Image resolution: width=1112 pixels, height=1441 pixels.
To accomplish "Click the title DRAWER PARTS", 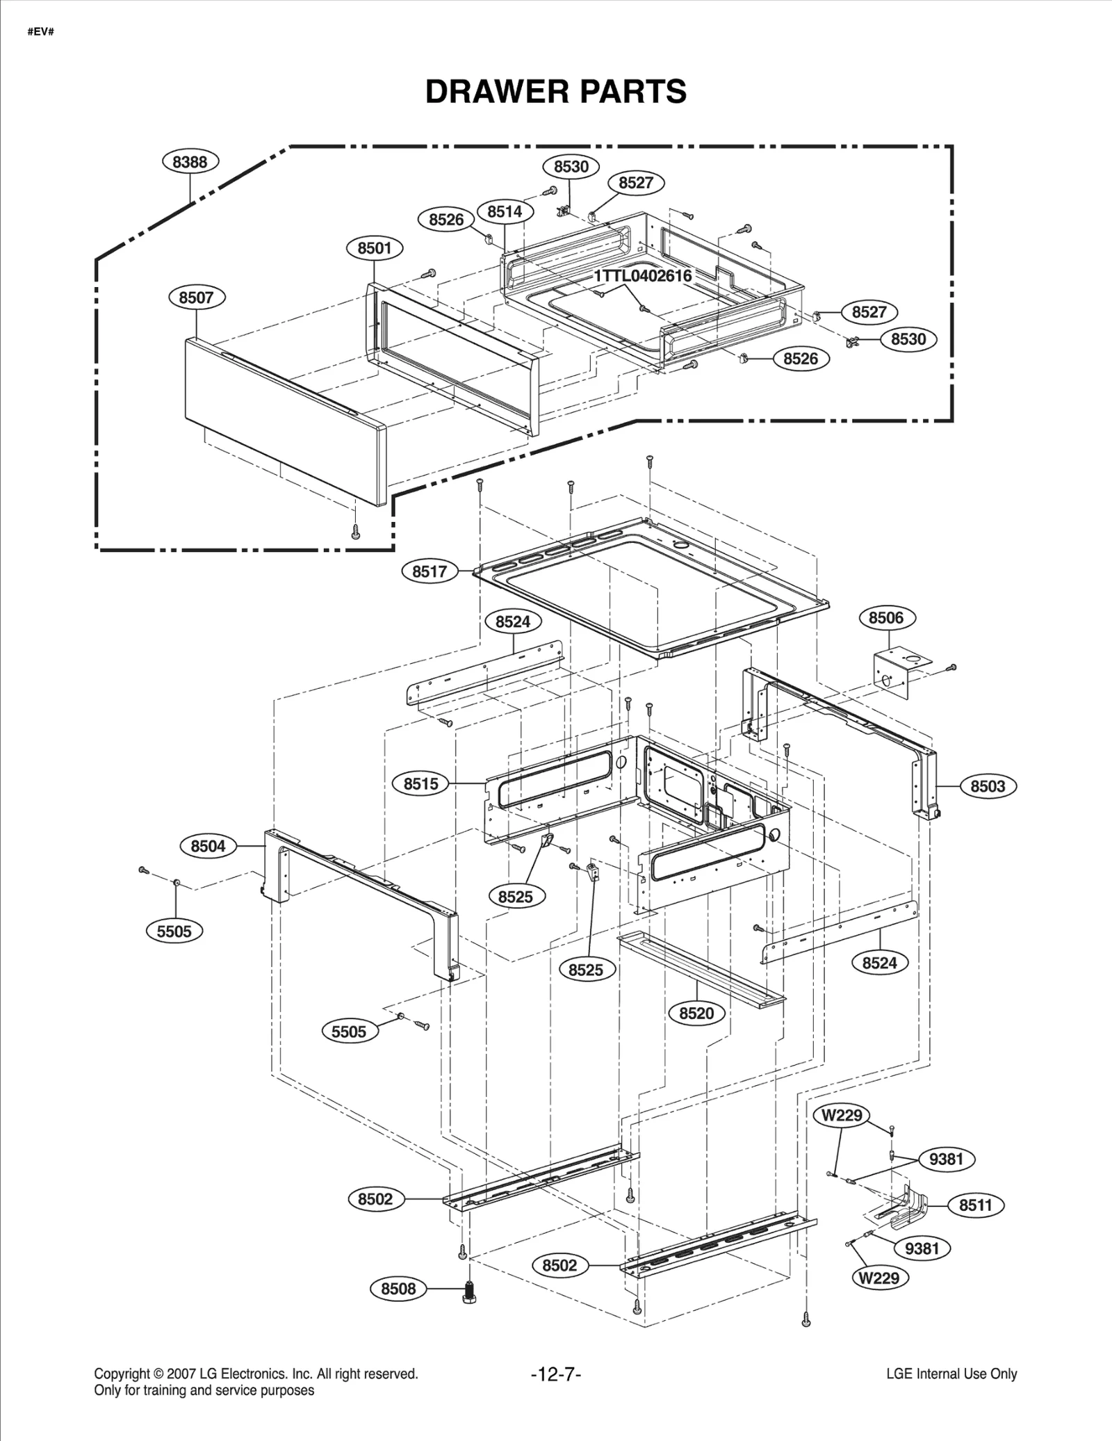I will [x=555, y=92].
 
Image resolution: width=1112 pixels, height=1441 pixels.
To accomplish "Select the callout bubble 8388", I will [x=190, y=162].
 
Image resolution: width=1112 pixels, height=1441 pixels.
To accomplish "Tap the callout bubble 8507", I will [x=196, y=298].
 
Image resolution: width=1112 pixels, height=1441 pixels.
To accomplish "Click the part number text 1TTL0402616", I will [x=642, y=276].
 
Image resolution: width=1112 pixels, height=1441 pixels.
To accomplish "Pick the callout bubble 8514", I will [x=505, y=211].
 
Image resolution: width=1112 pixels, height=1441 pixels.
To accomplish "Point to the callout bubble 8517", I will [x=430, y=571].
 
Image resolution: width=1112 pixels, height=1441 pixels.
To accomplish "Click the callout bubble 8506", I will [x=886, y=617].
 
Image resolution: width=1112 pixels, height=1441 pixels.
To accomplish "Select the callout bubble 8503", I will [x=988, y=786].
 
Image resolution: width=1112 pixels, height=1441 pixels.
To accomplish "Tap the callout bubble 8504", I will [x=208, y=846].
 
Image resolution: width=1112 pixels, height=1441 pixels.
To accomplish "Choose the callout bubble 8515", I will [x=421, y=783].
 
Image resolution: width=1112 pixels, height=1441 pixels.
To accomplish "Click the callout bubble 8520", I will [x=696, y=1013].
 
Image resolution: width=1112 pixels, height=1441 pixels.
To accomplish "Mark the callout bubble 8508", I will [x=398, y=1289].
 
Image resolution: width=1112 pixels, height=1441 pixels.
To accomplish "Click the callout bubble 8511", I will [x=976, y=1205].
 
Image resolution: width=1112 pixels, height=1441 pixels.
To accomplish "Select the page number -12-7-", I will [x=555, y=1374].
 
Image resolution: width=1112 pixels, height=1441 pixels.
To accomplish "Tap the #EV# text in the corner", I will [x=40, y=32].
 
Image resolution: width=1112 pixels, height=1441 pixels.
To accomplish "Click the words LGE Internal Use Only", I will [x=951, y=1374].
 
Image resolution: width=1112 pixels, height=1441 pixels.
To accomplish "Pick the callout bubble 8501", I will [x=375, y=248].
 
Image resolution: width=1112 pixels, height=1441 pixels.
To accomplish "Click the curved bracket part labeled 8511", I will [x=903, y=1207].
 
